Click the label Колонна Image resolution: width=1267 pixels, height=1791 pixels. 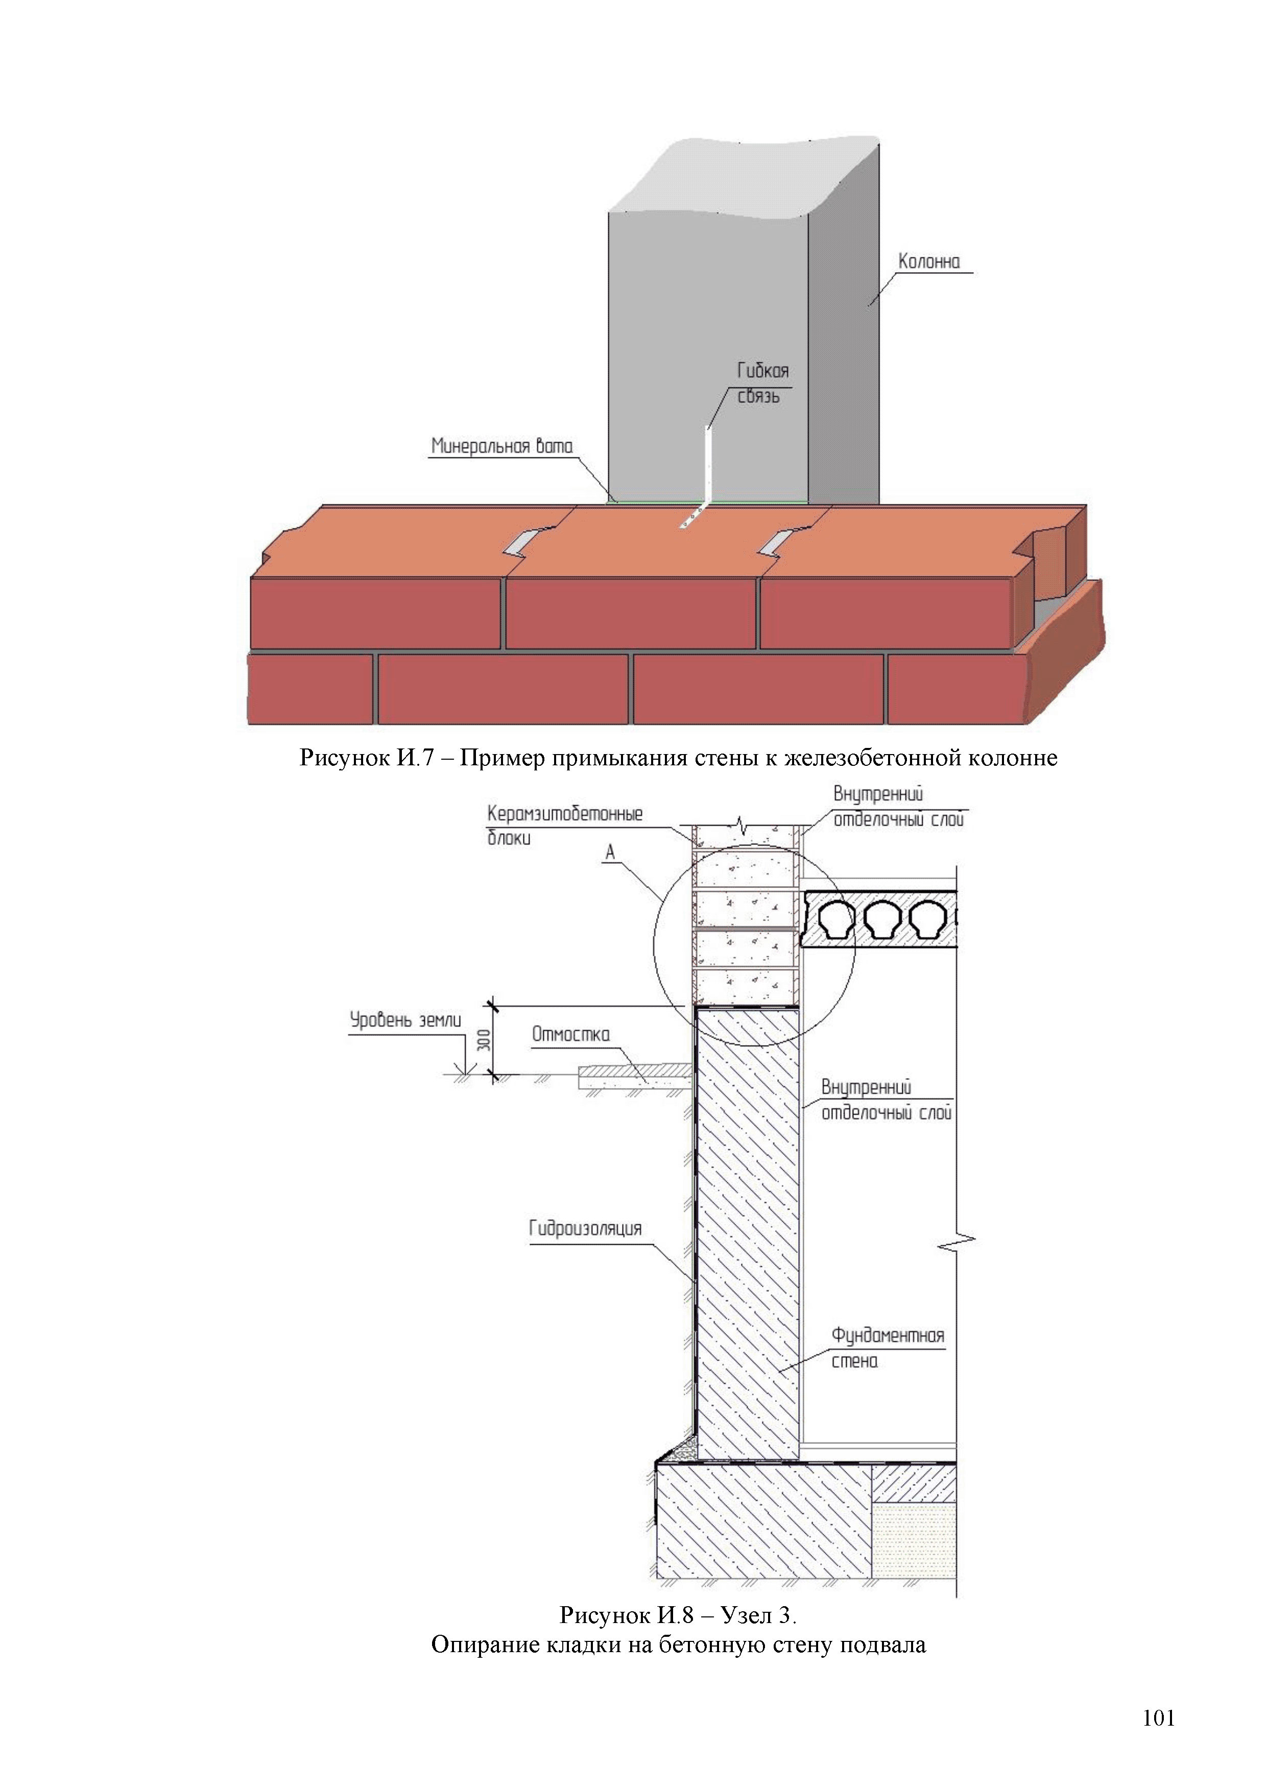point(928,261)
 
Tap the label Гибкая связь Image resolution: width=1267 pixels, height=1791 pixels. point(762,383)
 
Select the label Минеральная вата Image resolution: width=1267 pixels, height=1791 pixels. point(501,446)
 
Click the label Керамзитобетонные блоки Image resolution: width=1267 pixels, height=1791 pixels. point(564,825)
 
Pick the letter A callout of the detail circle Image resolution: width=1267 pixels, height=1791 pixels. point(610,853)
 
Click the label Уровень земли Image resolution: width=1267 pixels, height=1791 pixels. point(405,1020)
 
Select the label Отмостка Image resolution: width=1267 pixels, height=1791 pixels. point(570,1034)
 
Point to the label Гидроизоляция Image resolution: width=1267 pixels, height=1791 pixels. point(585,1228)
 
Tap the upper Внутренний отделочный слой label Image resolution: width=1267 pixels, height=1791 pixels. point(898,807)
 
